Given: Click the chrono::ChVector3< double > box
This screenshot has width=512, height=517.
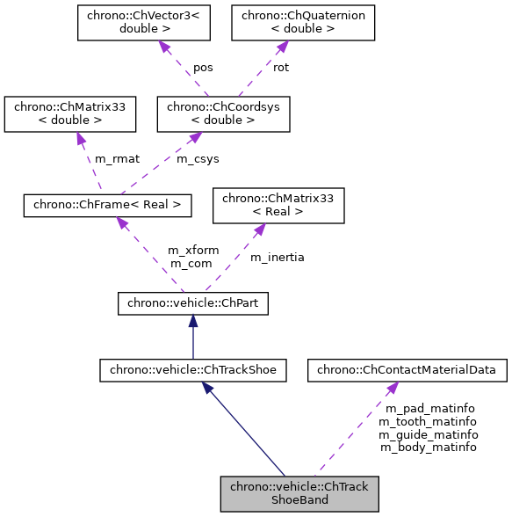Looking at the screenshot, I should (x=143, y=24).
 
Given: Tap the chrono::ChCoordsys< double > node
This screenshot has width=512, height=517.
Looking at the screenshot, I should (x=222, y=114).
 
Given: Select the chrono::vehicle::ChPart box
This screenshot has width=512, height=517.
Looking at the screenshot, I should (x=193, y=304).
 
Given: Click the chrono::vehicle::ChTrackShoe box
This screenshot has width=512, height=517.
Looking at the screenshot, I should (x=193, y=370).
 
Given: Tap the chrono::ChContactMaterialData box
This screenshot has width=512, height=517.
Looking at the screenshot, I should (x=407, y=370).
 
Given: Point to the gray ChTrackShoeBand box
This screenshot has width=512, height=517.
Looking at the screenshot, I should (x=299, y=493).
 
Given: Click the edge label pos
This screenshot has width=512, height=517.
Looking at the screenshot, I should (x=203, y=68).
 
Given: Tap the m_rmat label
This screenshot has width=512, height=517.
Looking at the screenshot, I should (x=118, y=159).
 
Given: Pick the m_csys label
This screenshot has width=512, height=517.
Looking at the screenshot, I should (x=198, y=159).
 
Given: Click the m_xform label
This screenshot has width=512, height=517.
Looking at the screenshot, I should (x=193, y=251).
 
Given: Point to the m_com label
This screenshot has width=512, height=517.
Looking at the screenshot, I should (x=191, y=263).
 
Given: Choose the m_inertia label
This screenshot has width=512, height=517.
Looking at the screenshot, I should (x=278, y=257).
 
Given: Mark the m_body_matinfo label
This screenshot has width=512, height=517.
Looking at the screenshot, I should (x=428, y=447).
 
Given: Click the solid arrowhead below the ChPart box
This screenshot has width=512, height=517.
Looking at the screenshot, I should (x=193, y=323).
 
